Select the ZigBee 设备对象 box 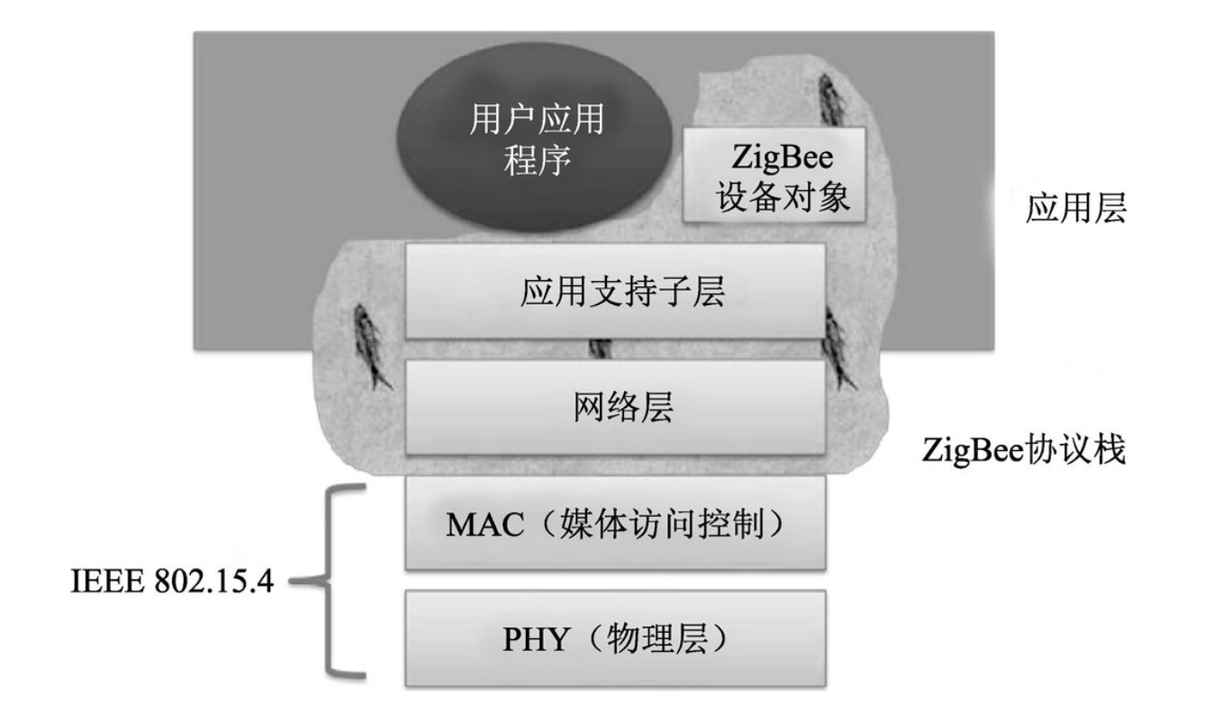(x=774, y=175)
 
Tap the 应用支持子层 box (x=616, y=290)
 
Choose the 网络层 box (x=616, y=407)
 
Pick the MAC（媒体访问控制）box (x=616, y=523)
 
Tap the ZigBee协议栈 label (x=1024, y=447)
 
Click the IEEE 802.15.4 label (x=173, y=582)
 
